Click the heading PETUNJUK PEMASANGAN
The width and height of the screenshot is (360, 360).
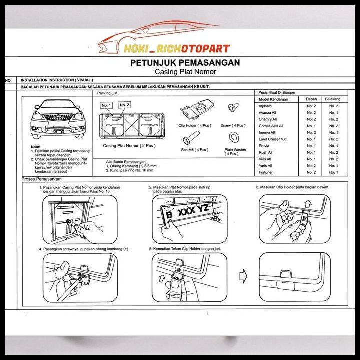185,63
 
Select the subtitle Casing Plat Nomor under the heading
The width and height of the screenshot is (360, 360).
184,72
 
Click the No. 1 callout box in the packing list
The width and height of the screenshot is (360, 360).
106,106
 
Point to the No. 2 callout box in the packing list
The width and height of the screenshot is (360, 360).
124,105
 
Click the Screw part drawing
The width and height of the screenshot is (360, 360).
232,110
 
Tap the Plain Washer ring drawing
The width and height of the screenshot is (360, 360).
233,137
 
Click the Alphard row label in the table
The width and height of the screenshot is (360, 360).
265,106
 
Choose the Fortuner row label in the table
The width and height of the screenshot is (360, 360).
265,172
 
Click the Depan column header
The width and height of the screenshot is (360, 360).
311,99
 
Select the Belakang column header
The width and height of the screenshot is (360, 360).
333,99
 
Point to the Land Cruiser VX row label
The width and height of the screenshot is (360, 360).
272,139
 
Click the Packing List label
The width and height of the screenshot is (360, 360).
108,93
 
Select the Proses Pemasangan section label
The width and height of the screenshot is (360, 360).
40,179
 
